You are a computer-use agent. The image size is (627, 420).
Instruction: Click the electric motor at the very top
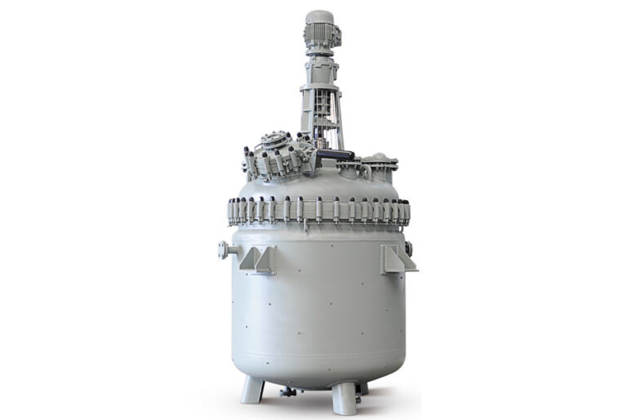click(320, 30)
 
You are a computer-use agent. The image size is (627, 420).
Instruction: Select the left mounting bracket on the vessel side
click(258, 259)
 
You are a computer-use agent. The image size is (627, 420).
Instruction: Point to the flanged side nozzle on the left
click(226, 250)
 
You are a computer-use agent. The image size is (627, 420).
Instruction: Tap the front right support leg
click(344, 398)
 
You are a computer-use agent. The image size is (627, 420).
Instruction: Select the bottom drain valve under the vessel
click(288, 391)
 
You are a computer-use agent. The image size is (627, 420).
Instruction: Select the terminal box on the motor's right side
click(336, 33)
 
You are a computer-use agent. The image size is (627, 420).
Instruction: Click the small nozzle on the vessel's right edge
click(408, 248)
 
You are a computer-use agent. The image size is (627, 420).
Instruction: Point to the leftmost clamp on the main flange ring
click(232, 211)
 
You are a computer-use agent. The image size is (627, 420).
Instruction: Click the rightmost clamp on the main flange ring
click(406, 211)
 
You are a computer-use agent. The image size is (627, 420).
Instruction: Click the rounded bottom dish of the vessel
click(318, 372)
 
